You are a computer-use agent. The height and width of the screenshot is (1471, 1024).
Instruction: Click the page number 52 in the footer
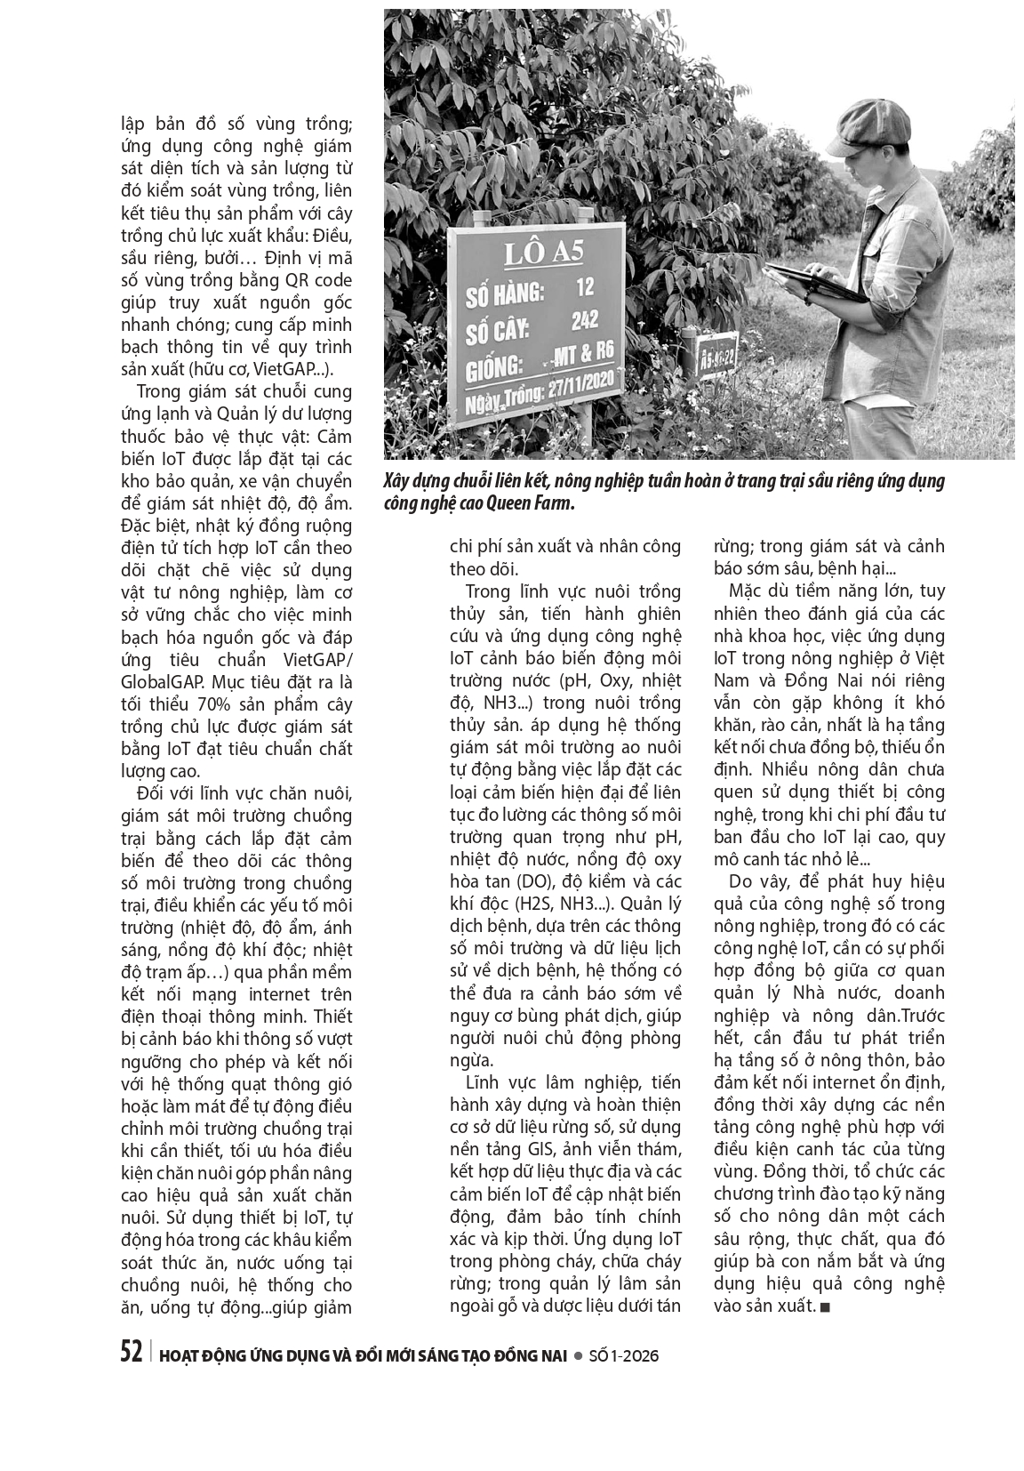tap(131, 1353)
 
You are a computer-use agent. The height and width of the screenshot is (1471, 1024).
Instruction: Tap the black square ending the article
tap(826, 1306)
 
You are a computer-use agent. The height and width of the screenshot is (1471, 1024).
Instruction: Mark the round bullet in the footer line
tap(578, 1355)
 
